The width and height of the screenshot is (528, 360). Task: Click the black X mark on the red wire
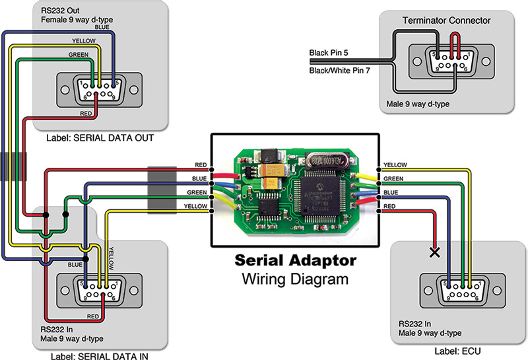click(x=434, y=252)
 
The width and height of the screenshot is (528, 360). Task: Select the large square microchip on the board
click(x=325, y=192)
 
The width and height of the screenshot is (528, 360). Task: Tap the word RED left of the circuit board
click(x=201, y=165)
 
